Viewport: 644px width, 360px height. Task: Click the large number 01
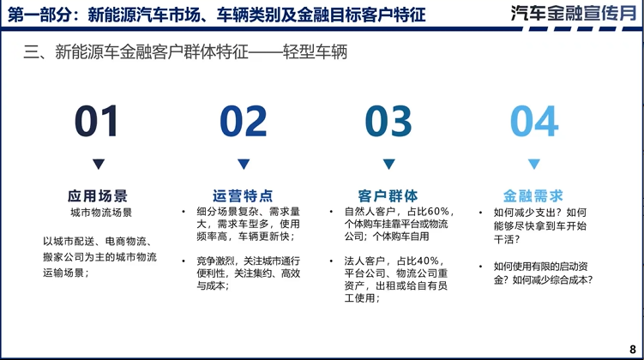pyautogui.click(x=97, y=122)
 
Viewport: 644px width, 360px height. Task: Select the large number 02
pyautogui.click(x=244, y=122)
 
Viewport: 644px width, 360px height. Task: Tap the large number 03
pyautogui.click(x=388, y=122)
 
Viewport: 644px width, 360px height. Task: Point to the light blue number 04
pyautogui.click(x=534, y=122)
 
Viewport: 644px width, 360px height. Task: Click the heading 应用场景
pyautogui.click(x=98, y=195)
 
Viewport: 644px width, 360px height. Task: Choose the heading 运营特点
pyautogui.click(x=244, y=195)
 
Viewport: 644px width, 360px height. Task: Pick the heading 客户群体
pyautogui.click(x=388, y=195)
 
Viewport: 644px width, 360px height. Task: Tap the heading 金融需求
pyautogui.click(x=533, y=195)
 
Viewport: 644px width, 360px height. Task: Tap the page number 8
pyautogui.click(x=633, y=348)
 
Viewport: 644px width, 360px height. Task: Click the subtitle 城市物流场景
pyautogui.click(x=98, y=213)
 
